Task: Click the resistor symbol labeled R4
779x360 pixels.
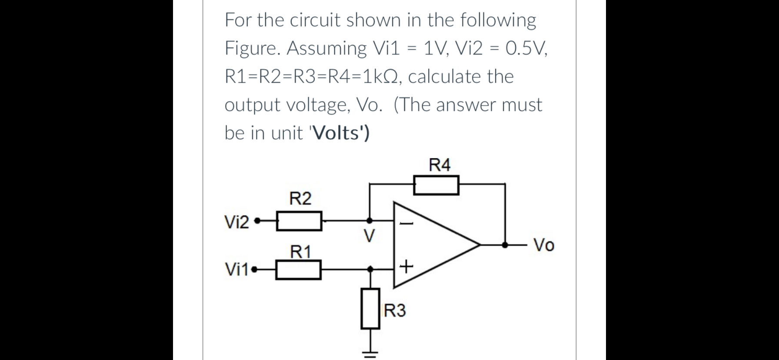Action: (436, 186)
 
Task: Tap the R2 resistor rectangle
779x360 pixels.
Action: (300, 221)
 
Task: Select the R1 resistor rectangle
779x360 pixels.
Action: (299, 270)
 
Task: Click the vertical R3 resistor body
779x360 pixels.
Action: (370, 309)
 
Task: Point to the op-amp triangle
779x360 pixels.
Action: (430, 245)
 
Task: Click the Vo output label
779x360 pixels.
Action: (544, 246)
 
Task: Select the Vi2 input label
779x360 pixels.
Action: (236, 223)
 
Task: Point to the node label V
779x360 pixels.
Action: (369, 237)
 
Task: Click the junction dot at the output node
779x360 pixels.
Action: (505, 245)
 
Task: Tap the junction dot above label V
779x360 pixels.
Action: (369, 220)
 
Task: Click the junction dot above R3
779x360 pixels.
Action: (370, 269)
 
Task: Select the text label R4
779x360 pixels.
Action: (439, 165)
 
